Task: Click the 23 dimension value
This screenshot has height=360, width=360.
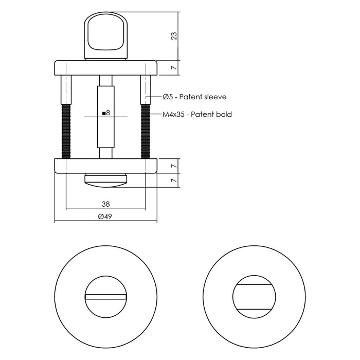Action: (x=174, y=36)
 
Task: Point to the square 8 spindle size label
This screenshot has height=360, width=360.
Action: (x=106, y=113)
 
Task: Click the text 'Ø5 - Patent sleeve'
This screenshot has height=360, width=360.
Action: (x=194, y=97)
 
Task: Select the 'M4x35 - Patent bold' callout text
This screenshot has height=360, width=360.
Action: (x=196, y=114)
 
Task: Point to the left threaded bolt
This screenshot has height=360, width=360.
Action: (x=65, y=131)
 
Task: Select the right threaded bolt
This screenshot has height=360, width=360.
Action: (x=146, y=131)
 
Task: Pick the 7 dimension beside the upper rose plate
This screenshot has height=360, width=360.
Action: (x=174, y=68)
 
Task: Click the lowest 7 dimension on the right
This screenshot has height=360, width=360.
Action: (x=174, y=181)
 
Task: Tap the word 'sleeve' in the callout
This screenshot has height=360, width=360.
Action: (x=215, y=97)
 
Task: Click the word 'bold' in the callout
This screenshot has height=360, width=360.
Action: (x=223, y=114)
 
